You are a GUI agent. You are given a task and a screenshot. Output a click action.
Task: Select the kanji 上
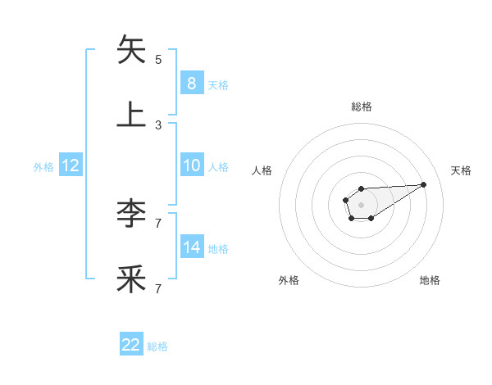click(132, 115)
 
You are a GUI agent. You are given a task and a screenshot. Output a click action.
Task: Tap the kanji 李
click(132, 214)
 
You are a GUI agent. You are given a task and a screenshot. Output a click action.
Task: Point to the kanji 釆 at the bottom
click(132, 279)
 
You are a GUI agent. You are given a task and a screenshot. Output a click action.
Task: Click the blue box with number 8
click(191, 84)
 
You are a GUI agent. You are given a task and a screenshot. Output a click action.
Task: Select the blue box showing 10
click(191, 165)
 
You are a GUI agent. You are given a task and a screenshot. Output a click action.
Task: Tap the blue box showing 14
click(191, 247)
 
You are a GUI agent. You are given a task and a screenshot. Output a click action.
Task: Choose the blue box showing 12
click(71, 165)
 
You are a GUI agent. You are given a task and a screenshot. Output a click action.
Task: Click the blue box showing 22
click(131, 345)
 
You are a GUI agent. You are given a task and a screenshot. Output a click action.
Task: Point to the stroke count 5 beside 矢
click(158, 60)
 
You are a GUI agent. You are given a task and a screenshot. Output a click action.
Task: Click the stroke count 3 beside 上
click(158, 125)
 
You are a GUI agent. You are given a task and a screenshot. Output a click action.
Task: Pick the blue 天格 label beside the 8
click(218, 84)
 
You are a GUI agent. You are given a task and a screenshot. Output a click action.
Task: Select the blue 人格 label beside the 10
click(218, 166)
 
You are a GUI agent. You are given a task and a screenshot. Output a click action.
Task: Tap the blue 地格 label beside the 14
click(218, 248)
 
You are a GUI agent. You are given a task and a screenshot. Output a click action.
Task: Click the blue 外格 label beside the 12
click(43, 166)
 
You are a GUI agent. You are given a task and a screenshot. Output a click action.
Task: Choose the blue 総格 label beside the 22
click(157, 346)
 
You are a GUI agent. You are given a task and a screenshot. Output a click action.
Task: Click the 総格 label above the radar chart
click(361, 106)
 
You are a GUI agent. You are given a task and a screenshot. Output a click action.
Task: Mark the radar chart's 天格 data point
click(424, 183)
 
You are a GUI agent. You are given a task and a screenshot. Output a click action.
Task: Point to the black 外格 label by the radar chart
click(289, 280)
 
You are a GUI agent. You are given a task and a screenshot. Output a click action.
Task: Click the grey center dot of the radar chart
click(361, 204)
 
